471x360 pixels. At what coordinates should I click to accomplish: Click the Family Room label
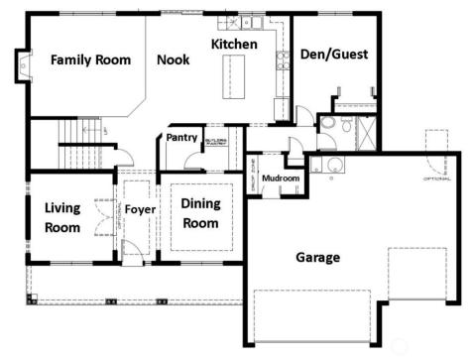click(91, 60)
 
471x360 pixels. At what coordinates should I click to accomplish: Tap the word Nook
click(173, 60)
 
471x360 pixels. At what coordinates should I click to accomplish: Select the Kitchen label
click(235, 45)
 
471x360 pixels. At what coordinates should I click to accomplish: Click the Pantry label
click(181, 138)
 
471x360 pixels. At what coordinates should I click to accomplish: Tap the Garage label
click(317, 258)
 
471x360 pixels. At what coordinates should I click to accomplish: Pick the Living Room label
click(61, 217)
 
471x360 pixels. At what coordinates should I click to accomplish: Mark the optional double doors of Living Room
click(101, 216)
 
